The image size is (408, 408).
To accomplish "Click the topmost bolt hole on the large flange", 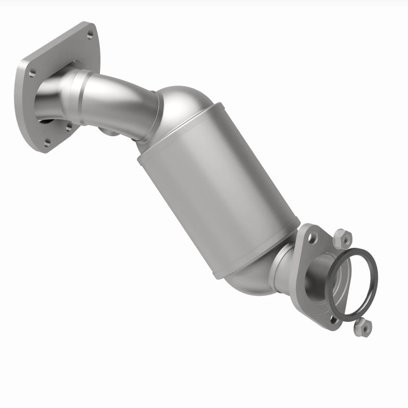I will pos(90,35).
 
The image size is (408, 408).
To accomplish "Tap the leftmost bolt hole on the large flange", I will pos(32,72).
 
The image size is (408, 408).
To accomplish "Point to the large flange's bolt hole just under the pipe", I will pos(69,127).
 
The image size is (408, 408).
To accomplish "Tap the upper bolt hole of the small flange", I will pos(312,239).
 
